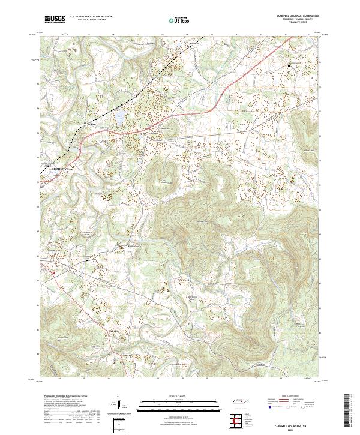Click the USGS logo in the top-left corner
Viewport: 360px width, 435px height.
[x=55, y=19]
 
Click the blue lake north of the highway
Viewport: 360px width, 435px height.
[x=119, y=117]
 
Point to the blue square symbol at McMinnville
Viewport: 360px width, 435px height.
[x=56, y=173]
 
